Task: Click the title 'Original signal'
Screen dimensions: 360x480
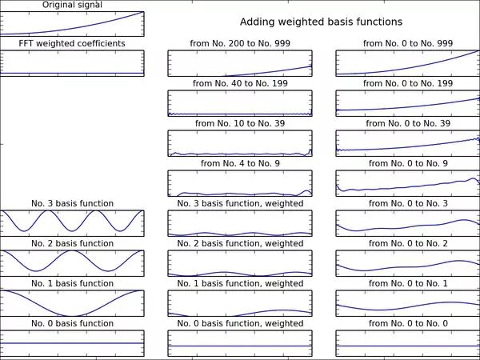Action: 72,5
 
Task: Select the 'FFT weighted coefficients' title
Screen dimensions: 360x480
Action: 72,43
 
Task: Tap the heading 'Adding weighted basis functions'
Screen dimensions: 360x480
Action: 321,22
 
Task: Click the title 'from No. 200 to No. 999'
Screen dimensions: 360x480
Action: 240,43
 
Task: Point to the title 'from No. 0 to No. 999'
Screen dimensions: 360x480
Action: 408,43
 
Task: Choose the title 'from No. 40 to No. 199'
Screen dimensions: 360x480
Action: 240,83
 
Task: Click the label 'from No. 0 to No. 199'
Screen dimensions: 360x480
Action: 408,83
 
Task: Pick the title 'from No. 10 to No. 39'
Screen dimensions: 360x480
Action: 240,123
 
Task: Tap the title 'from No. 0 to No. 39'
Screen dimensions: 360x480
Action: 408,123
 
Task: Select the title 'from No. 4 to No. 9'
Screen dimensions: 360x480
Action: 240,163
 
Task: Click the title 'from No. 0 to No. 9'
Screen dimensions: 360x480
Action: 408,163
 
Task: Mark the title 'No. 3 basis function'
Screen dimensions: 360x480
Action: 72,203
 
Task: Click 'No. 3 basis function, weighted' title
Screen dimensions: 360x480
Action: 240,203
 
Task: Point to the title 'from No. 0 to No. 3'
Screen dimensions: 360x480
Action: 408,203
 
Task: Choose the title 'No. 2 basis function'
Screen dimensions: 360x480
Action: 72,243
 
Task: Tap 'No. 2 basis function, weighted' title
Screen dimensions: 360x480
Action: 240,243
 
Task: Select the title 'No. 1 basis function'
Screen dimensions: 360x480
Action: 72,283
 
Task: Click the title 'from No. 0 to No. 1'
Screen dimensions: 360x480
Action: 408,283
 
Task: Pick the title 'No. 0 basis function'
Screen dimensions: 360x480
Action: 72,323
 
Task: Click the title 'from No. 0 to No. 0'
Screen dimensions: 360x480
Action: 408,323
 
